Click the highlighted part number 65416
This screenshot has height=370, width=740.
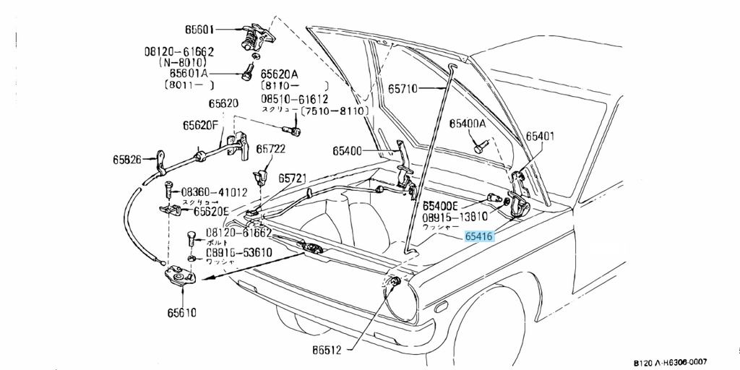[x=479, y=236]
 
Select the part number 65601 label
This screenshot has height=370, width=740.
[x=199, y=30]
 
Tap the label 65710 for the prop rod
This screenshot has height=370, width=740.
[x=403, y=89]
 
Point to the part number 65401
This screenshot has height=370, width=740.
[x=540, y=136]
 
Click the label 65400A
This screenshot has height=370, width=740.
[x=468, y=124]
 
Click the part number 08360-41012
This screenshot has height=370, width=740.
[x=214, y=192]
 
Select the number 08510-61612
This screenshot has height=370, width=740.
[x=294, y=99]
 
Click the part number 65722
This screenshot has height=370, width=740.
[x=272, y=149]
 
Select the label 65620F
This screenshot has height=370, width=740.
[x=200, y=125]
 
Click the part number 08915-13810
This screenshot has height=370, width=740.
[x=455, y=216]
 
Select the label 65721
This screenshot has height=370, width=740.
[x=293, y=177]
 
